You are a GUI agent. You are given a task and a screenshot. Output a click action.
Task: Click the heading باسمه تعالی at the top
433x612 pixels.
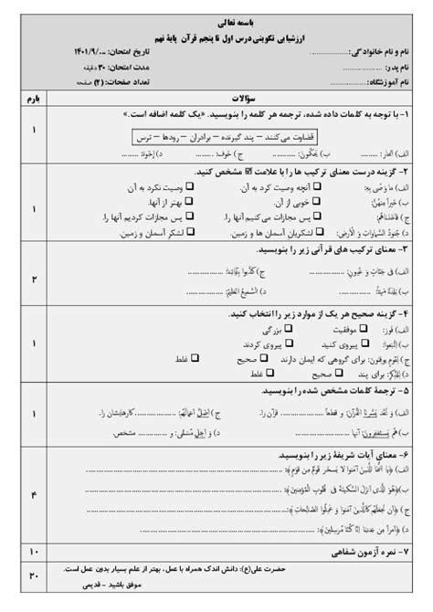(x=216, y=17)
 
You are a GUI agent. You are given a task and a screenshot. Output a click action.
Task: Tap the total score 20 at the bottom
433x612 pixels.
(x=35, y=576)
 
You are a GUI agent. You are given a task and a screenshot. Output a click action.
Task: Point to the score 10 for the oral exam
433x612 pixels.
(x=35, y=551)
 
